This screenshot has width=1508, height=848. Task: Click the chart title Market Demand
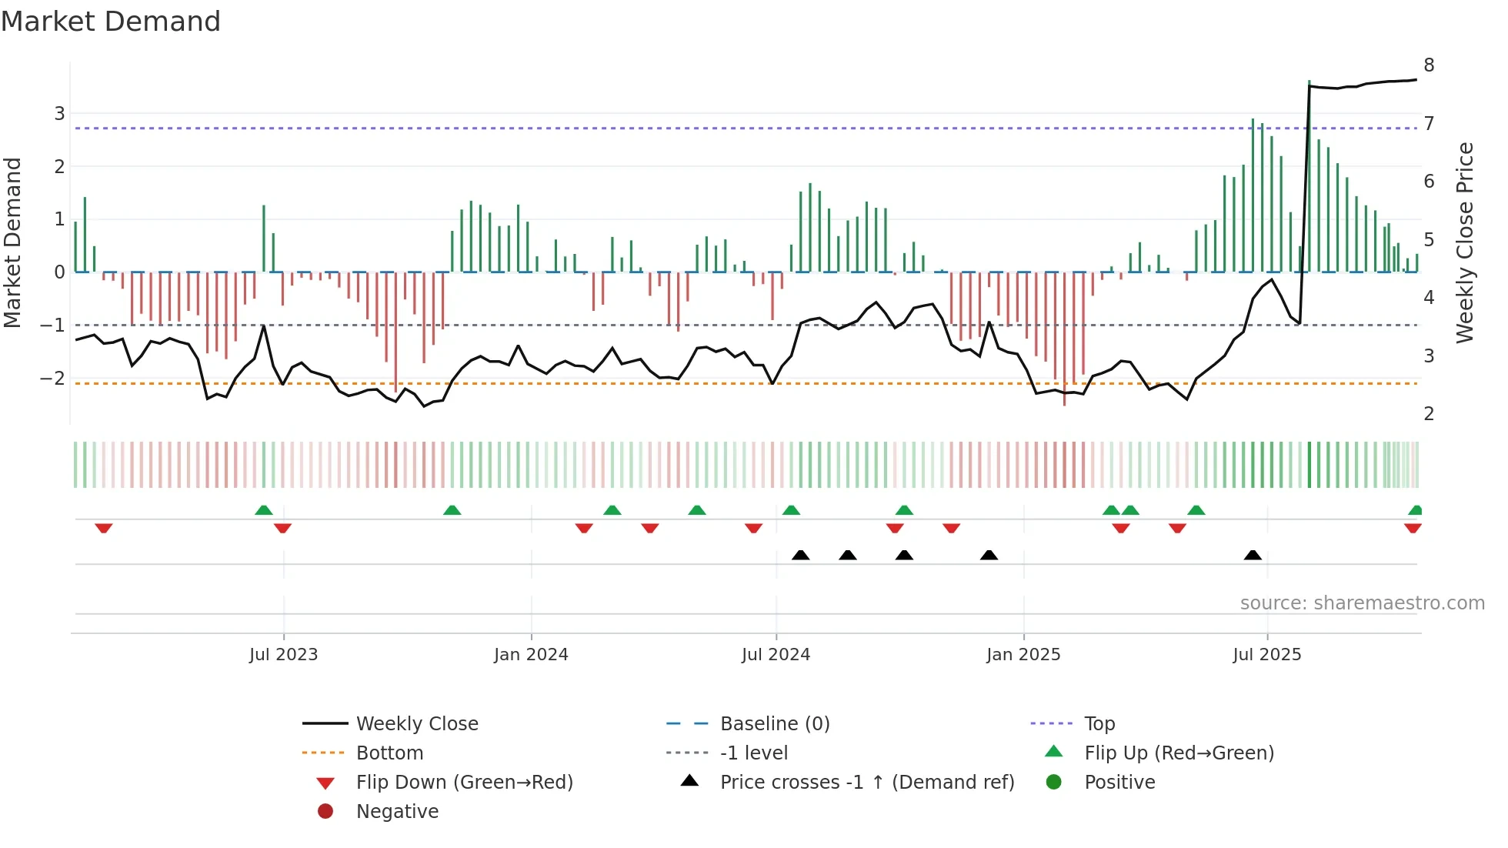click(x=111, y=22)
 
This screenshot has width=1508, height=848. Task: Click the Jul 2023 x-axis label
click(x=283, y=655)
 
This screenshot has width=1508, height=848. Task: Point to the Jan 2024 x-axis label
click(x=531, y=655)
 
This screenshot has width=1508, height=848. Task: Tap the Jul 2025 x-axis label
click(x=1266, y=655)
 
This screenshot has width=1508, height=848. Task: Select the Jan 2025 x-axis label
click(x=1023, y=655)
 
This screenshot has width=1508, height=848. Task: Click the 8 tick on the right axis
click(x=1429, y=65)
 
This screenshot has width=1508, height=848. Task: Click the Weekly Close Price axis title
click(x=1464, y=242)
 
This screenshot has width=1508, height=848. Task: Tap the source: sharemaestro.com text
click(x=1362, y=603)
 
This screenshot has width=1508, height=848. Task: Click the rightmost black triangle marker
click(x=1253, y=556)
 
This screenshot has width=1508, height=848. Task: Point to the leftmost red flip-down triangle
click(x=104, y=528)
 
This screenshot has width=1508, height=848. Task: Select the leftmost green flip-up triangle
click(x=264, y=510)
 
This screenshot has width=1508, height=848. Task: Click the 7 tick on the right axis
click(x=1429, y=124)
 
